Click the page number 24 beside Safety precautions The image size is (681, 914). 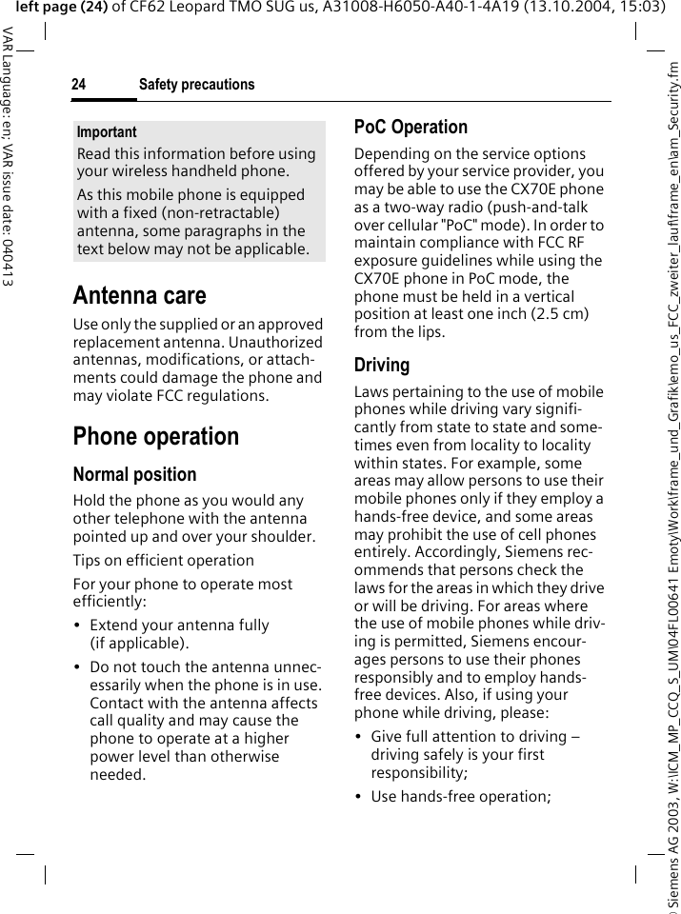tap(78, 86)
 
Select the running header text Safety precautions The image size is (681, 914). tap(196, 86)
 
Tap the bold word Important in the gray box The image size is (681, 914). tap(107, 132)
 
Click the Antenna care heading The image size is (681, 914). tap(139, 295)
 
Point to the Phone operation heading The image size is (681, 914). tap(156, 437)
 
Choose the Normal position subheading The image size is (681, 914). tap(134, 474)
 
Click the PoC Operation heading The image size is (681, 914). tap(411, 127)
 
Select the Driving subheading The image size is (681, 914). tap(382, 366)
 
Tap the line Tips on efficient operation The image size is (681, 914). tap(164, 560)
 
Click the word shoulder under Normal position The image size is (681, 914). tap(282, 536)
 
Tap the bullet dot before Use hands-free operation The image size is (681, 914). tap(358, 796)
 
